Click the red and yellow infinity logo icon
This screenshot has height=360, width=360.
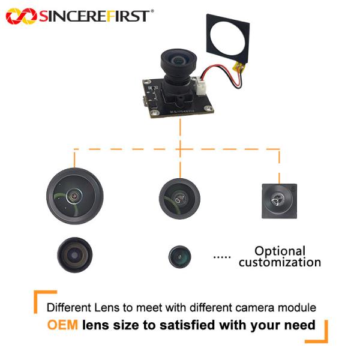22,16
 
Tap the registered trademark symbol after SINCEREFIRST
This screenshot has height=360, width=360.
152,11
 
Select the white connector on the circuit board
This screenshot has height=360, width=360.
200,86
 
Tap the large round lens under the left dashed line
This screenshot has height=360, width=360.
75,196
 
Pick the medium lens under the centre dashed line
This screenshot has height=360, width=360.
179,199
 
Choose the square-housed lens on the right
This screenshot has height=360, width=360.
280,201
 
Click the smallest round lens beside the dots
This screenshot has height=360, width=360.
180,257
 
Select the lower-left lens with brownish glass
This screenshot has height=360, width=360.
75,255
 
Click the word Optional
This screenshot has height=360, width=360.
280,251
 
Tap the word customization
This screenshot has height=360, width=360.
280,262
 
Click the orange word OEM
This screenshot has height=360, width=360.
62,325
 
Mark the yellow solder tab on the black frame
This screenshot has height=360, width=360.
239,67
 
